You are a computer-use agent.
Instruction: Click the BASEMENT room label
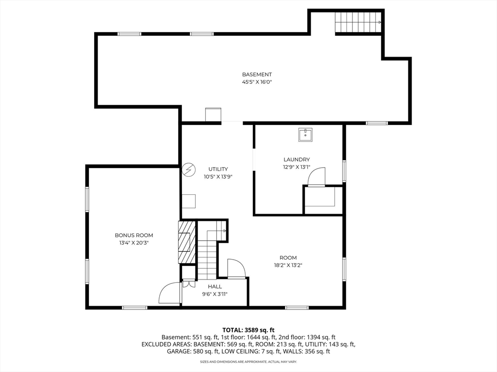[257, 74]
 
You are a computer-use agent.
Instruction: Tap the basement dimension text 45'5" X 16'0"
[257, 82]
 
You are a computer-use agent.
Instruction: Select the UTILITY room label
[218, 169]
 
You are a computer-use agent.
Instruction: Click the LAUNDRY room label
[297, 159]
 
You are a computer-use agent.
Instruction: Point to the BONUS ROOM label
[134, 235]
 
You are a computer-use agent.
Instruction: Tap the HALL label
[215, 287]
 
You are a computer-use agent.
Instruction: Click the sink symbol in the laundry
[305, 135]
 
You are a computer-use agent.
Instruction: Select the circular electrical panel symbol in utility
[189, 170]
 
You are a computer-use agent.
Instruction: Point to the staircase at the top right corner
[359, 22]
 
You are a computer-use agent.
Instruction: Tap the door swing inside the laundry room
[317, 176]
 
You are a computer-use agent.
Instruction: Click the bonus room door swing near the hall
[170, 292]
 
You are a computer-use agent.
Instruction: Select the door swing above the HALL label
[236, 269]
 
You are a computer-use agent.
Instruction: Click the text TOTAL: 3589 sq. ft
[248, 330]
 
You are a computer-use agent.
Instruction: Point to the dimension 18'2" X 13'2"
[288, 265]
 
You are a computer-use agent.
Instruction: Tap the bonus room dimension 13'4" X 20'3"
[134, 243]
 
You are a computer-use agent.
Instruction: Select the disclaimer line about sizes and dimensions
[248, 361]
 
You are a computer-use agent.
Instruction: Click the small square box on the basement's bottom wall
[213, 114]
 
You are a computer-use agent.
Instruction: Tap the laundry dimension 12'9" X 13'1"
[297, 167]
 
